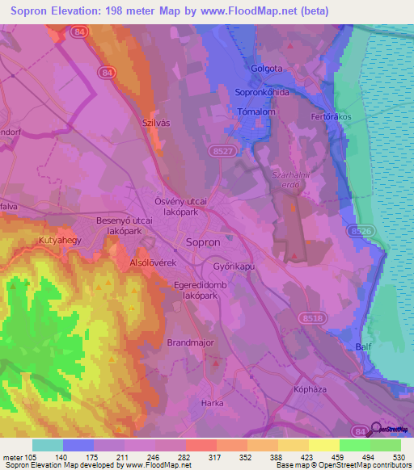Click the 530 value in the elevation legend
pyautogui.click(x=399, y=458)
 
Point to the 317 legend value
pyautogui.click(x=215, y=458)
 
